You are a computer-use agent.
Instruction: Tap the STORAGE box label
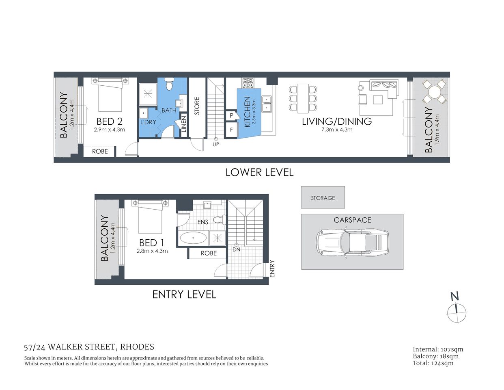(323, 198)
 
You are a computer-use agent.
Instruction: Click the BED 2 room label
(109, 121)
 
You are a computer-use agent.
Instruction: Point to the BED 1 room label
(151, 243)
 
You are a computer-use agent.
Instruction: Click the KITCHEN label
(247, 112)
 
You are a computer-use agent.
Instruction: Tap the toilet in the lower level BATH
(170, 85)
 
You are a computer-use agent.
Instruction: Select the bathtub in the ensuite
(193, 238)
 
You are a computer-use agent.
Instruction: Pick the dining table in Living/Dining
(302, 98)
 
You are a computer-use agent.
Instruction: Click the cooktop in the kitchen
(248, 83)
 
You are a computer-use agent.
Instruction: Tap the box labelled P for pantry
(231, 116)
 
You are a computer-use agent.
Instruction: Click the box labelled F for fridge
(231, 130)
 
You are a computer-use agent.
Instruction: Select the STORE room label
(197, 106)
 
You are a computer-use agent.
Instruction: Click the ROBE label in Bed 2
(100, 151)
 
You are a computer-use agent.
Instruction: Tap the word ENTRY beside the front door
(272, 269)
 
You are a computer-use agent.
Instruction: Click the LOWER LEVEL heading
(259, 172)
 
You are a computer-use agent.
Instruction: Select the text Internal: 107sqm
(438, 349)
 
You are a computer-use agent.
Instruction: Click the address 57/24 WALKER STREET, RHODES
(89, 347)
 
